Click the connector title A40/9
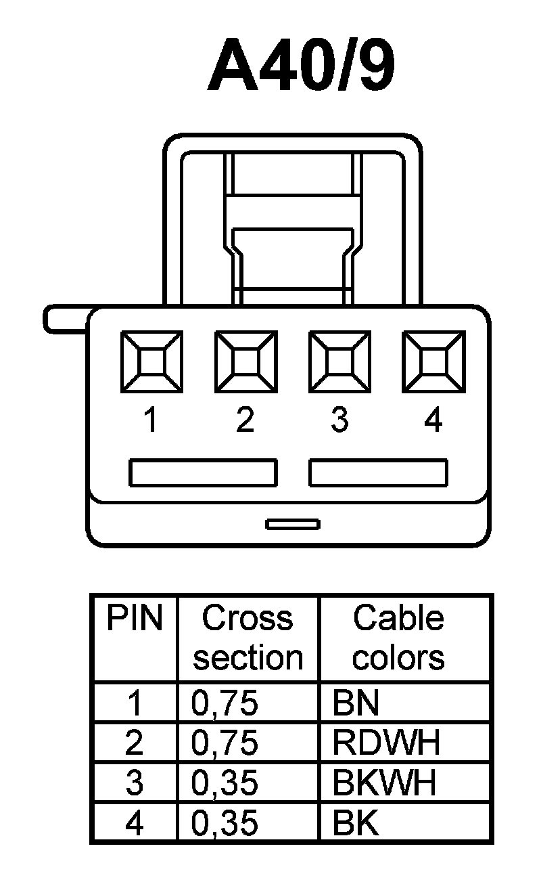click(301, 66)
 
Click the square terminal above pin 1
click(151, 361)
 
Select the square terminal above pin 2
click(245, 361)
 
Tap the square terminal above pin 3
click(339, 361)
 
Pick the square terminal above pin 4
click(433, 361)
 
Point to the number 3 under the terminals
click(339, 420)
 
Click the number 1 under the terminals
click(151, 420)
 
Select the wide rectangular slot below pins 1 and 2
click(203, 472)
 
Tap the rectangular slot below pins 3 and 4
click(378, 472)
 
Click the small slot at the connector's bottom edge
click(293, 524)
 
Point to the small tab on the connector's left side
click(66, 319)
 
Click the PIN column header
click(135, 618)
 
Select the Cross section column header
click(248, 638)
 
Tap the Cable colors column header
click(398, 638)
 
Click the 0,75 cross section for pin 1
click(225, 704)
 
